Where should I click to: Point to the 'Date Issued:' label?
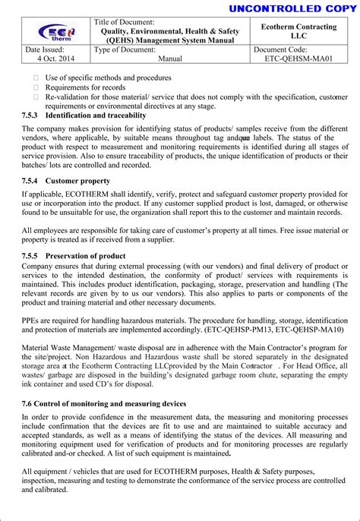click(43, 49)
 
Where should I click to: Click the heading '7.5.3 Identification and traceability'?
click(84, 115)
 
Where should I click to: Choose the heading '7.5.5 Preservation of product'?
click(74, 256)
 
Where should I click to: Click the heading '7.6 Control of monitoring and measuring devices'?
click(104, 404)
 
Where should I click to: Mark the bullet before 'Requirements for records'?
click(35, 87)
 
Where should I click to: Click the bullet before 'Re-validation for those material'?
click(35, 97)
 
